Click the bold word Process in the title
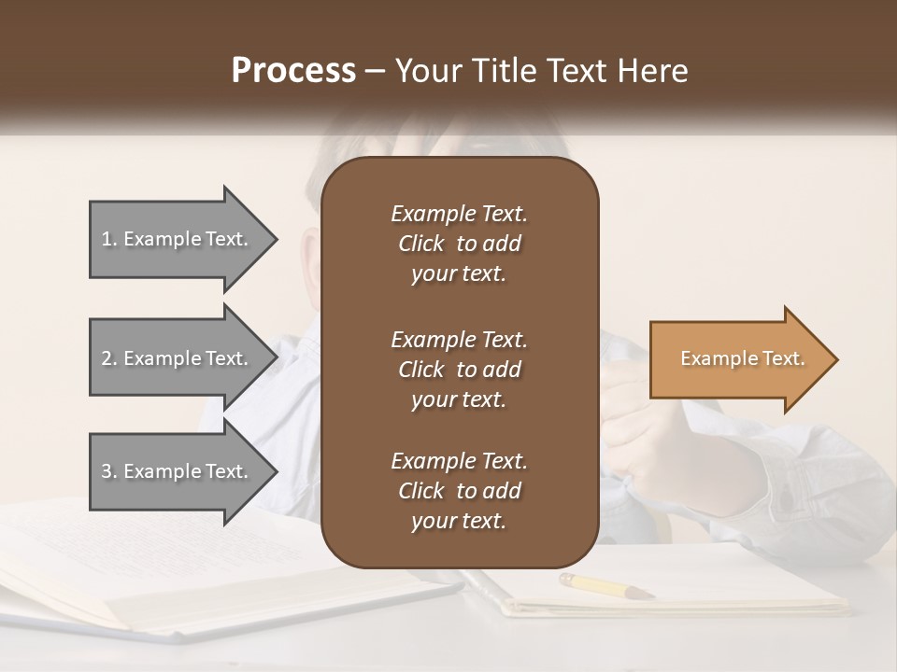click(293, 71)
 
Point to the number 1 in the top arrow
click(107, 239)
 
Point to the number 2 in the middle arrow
click(107, 358)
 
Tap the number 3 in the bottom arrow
click(107, 471)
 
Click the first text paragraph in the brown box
click(459, 244)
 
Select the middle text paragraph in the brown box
click(459, 370)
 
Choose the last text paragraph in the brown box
click(459, 491)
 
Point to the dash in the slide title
click(376, 72)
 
